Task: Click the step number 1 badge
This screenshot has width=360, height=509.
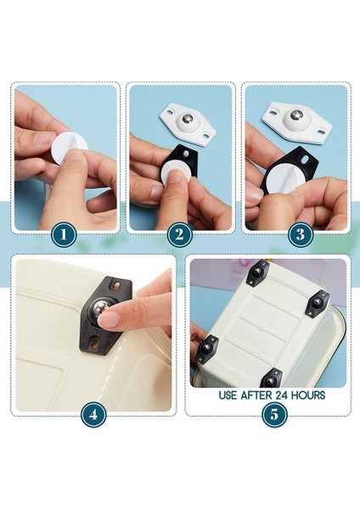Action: click(64, 234)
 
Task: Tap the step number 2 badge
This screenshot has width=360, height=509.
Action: click(180, 234)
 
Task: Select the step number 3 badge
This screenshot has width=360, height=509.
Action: click(301, 234)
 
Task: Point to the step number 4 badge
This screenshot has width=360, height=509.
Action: click(93, 415)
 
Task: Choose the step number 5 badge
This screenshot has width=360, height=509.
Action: click(274, 415)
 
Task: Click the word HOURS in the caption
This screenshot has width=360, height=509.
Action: click(307, 395)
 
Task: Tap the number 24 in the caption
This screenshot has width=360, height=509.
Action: click(282, 395)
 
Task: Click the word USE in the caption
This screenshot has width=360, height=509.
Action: click(228, 395)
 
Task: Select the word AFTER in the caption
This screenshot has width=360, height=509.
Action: click(256, 395)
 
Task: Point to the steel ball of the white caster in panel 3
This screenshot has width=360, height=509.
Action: click(296, 115)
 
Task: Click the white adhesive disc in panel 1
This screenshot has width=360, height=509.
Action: click(68, 150)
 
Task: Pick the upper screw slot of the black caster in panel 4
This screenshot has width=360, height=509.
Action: click(116, 287)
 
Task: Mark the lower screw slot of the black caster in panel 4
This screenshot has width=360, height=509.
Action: click(93, 343)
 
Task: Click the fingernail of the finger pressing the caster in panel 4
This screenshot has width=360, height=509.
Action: click(109, 319)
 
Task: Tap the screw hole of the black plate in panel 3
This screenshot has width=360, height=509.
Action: click(306, 159)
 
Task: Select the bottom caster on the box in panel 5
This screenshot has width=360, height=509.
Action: click(272, 378)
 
